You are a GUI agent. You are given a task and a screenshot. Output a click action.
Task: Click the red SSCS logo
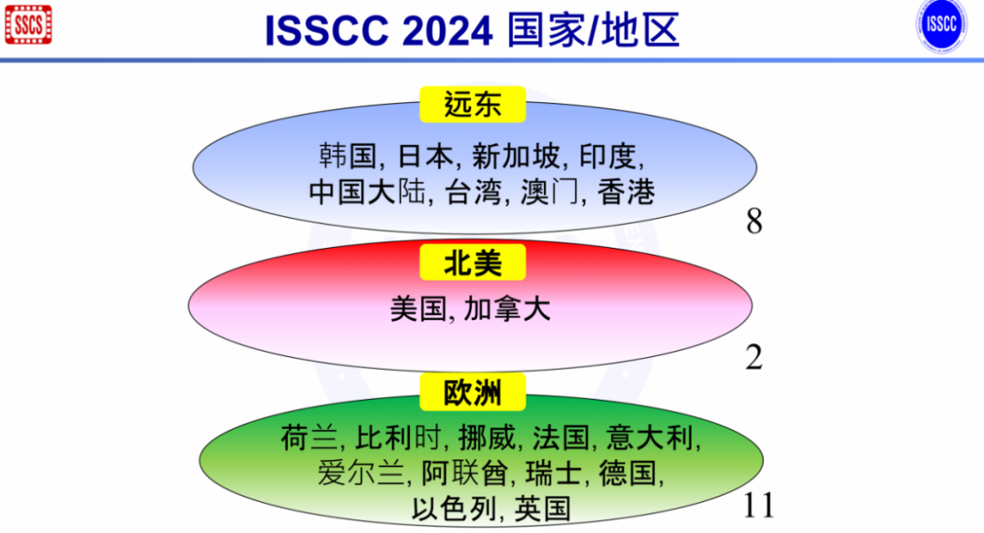(x=28, y=25)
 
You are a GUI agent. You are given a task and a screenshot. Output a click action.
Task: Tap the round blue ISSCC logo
(x=940, y=25)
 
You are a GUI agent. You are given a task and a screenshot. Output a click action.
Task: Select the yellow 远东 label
(x=473, y=105)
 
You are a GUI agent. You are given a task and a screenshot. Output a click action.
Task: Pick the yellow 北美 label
(x=473, y=262)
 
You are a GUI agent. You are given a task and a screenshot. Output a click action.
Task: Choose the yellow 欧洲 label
(x=473, y=394)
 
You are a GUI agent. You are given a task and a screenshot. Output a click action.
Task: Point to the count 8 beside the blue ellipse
(x=753, y=221)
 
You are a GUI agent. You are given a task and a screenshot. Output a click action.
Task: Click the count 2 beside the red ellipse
(x=753, y=358)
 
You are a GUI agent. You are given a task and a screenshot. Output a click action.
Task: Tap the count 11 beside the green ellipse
(x=758, y=505)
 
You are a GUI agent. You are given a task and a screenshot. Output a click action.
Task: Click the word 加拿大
(x=507, y=309)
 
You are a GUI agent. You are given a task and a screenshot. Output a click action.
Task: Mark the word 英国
(x=543, y=507)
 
